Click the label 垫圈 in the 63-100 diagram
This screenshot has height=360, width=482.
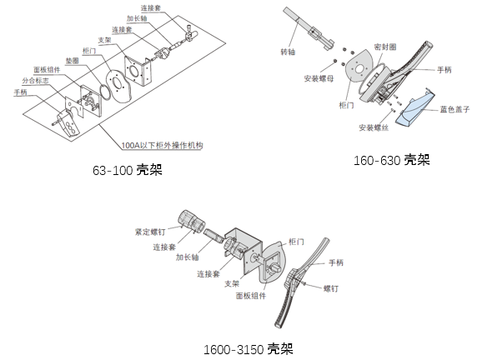click(x=73, y=61)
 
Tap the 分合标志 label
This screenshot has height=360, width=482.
click(x=35, y=81)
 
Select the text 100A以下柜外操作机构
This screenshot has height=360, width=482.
click(x=163, y=145)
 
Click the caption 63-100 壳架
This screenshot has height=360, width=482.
click(x=128, y=170)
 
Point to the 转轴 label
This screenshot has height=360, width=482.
click(x=288, y=52)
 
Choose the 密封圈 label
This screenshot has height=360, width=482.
click(x=385, y=47)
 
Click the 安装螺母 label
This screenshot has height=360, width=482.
click(x=319, y=78)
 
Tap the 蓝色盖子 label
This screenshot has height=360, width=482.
click(x=454, y=109)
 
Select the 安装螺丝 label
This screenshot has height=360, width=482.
click(x=374, y=127)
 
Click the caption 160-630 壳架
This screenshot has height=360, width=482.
click(x=392, y=160)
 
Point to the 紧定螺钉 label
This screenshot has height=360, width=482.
click(x=150, y=232)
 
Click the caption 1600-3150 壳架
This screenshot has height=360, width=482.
click(x=249, y=349)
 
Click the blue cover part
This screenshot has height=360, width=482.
click(x=415, y=108)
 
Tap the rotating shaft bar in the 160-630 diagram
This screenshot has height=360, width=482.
click(x=308, y=28)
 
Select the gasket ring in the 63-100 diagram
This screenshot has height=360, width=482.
click(x=105, y=92)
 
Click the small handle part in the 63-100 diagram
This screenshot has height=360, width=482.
click(x=68, y=122)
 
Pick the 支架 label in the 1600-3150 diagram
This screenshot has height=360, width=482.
click(x=232, y=283)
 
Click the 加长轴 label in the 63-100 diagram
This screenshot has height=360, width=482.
click(x=137, y=18)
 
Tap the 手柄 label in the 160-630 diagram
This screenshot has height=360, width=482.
click(x=444, y=70)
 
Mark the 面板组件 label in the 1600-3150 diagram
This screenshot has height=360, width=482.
click(x=251, y=296)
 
